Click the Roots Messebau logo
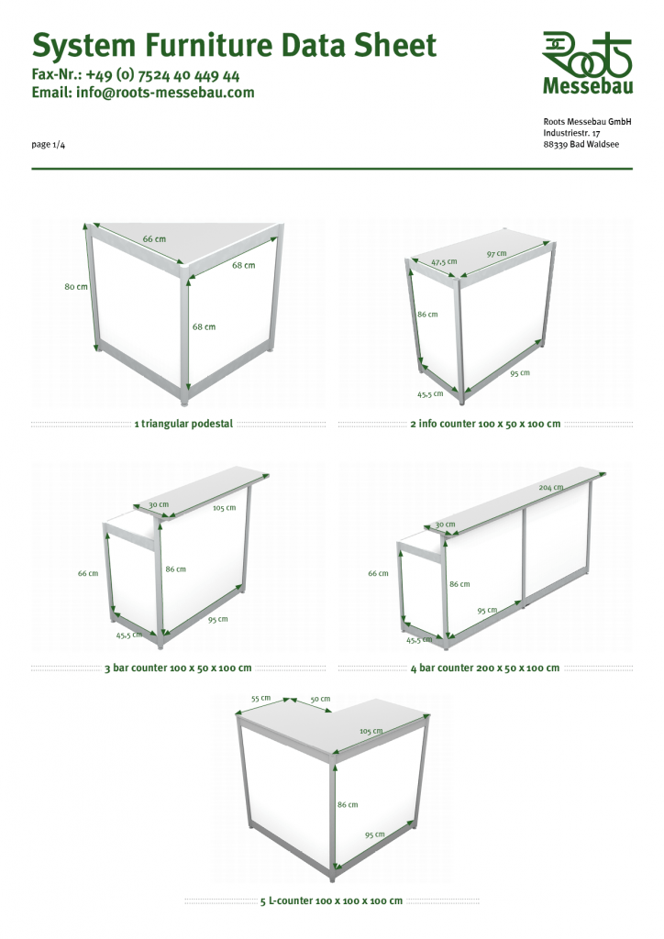(587, 63)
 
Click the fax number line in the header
(136, 75)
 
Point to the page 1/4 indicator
(49, 144)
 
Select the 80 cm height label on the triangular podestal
(76, 287)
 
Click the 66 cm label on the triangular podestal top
(154, 239)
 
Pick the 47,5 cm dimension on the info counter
(444, 261)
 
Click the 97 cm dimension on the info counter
(497, 254)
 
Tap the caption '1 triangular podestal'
(183, 424)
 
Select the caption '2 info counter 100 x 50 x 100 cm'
(485, 424)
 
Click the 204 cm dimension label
(551, 488)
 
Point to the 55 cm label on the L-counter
(261, 698)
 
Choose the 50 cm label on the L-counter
(320, 699)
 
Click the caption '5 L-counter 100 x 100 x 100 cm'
(332, 900)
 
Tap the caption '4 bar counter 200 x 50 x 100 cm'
(485, 668)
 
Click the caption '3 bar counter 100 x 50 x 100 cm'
(178, 668)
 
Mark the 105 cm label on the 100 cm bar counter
(225, 508)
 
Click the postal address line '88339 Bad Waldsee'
(581, 144)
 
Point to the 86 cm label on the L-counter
(348, 804)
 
